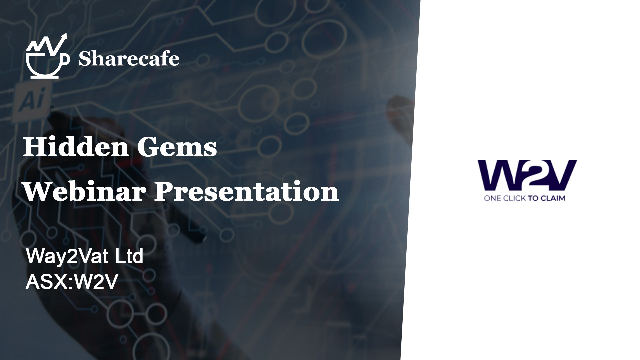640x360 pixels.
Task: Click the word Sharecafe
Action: click(x=129, y=59)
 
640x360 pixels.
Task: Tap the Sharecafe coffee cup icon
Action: click(x=48, y=56)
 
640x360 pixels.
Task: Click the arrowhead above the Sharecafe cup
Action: click(x=64, y=36)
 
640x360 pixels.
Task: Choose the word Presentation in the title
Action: click(x=246, y=192)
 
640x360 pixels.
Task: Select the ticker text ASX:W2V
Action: click(x=72, y=282)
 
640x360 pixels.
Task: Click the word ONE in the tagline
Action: click(x=493, y=198)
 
